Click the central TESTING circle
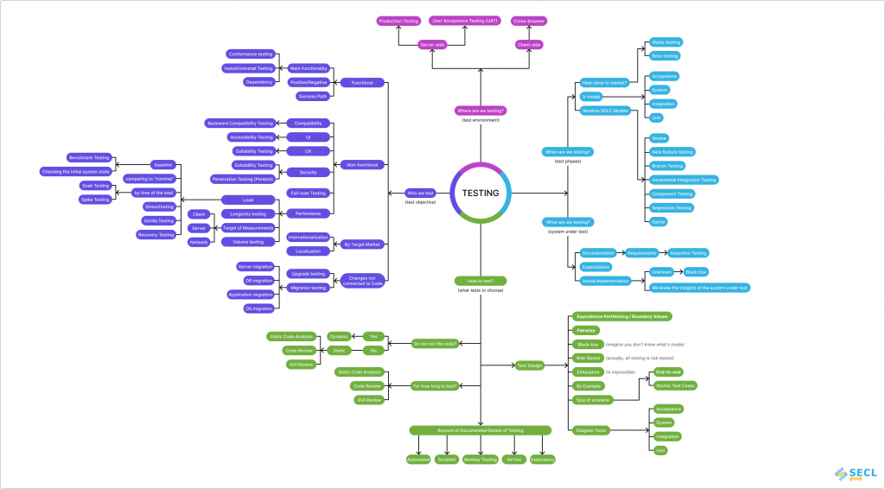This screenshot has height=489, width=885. point(481,193)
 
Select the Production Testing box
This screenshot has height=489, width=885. point(398,20)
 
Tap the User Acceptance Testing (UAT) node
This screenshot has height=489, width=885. point(465,20)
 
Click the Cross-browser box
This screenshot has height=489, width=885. point(529,20)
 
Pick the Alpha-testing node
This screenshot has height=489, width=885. point(665,41)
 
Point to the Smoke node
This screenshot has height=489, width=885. point(659,138)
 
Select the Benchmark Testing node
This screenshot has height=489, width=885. point(89,158)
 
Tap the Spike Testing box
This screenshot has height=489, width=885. point(95,200)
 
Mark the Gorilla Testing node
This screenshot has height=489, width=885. point(159,220)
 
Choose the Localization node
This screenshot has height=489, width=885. point(309,251)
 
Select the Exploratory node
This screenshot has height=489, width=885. point(542,460)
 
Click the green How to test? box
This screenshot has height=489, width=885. point(480,281)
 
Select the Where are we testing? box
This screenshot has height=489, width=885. point(480,111)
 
